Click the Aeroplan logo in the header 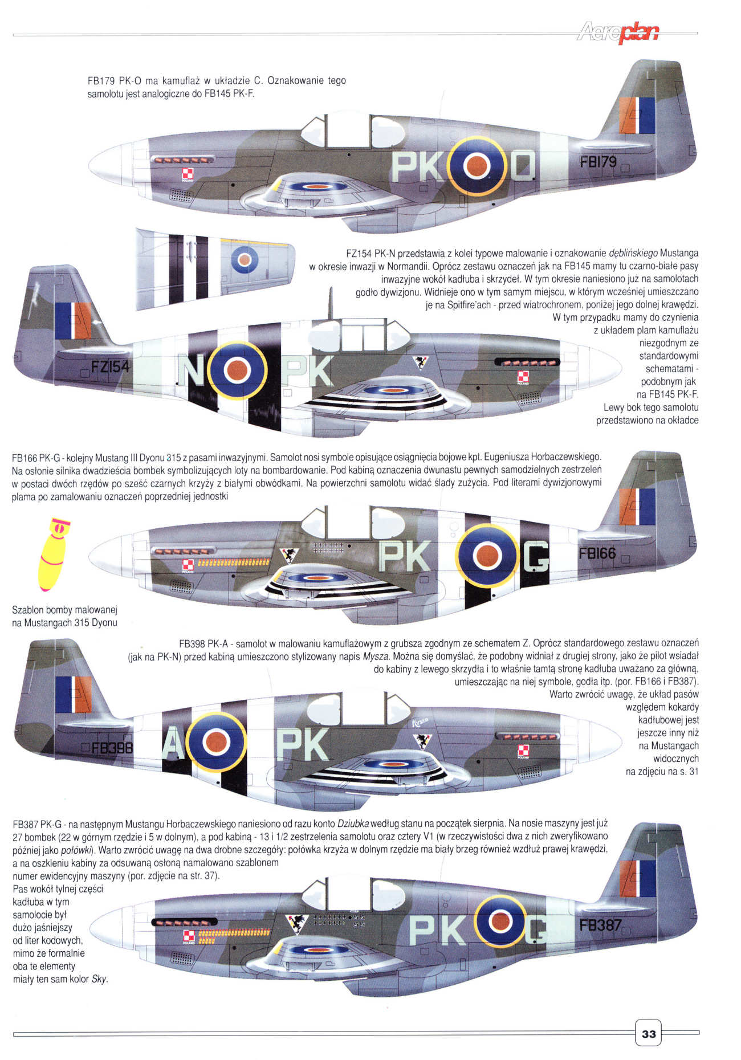click(618, 33)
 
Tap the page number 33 click(648, 1033)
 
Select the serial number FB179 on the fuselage click(598, 162)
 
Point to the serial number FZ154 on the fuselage click(111, 366)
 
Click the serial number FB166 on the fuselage click(597, 553)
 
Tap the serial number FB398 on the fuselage click(112, 747)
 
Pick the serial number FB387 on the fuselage click(600, 924)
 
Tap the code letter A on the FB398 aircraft click(172, 744)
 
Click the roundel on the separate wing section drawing click(245, 260)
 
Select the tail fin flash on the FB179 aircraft click(637, 115)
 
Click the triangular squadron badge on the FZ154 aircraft click(420, 362)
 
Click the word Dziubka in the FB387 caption click(353, 823)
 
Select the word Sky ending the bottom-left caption click(99, 979)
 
